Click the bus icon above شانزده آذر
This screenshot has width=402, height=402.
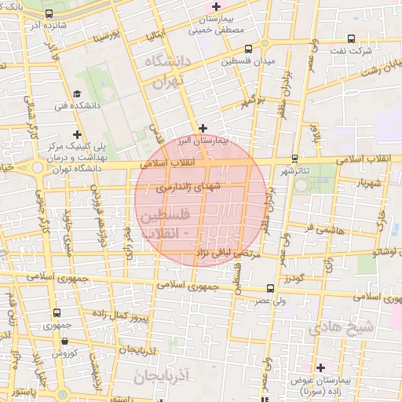tap(50, 14)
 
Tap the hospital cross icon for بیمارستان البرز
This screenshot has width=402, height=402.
tap(203, 127)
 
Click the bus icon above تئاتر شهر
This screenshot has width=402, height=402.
tap(294, 158)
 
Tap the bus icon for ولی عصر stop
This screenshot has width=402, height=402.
tap(270, 288)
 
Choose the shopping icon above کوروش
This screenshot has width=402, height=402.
tap(63, 342)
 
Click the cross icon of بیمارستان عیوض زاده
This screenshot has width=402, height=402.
tap(320, 367)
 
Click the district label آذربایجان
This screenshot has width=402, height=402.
tap(162, 376)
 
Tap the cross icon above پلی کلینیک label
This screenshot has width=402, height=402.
tap(76, 135)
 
